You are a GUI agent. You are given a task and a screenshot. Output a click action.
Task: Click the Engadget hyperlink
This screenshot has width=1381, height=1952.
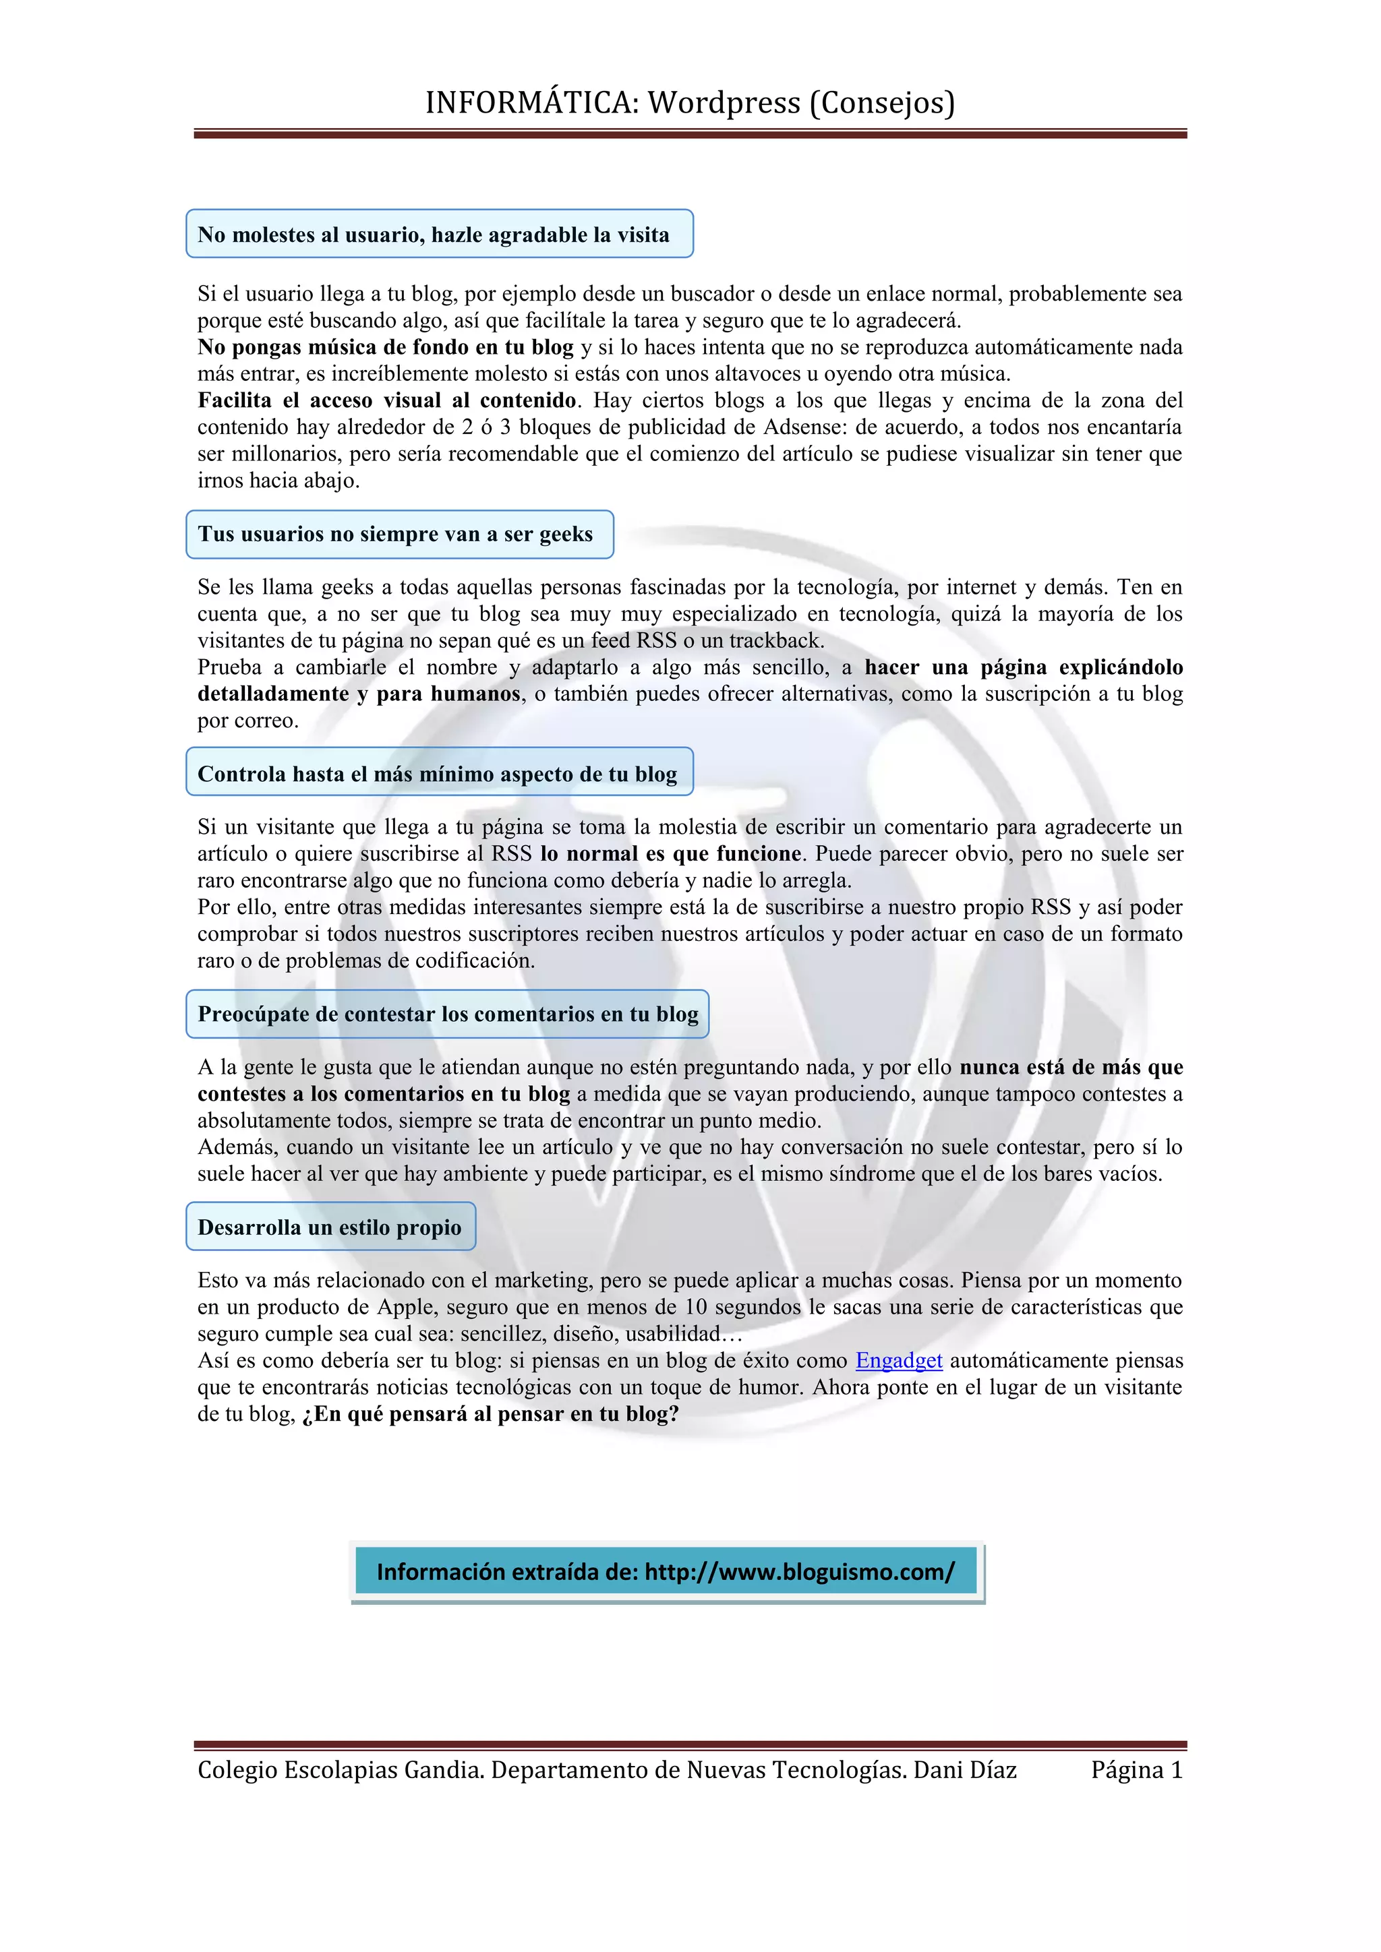click(x=898, y=1360)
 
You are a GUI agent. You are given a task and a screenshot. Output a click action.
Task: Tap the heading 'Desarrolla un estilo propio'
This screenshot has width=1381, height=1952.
click(x=330, y=1227)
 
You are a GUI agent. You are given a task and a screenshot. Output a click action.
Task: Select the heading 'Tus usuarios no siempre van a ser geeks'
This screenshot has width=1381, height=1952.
click(x=395, y=534)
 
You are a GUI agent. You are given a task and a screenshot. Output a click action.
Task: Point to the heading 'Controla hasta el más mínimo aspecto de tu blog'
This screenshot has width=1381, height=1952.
click(x=438, y=774)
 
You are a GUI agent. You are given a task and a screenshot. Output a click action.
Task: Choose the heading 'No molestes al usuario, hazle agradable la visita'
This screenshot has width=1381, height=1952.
click(x=434, y=235)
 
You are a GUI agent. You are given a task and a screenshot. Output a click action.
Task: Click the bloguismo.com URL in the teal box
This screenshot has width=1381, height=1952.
click(x=799, y=1571)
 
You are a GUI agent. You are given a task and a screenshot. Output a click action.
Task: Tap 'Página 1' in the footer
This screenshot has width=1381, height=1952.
click(x=1136, y=1770)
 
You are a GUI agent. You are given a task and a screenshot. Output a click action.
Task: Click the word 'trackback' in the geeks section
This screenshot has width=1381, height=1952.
click(x=775, y=640)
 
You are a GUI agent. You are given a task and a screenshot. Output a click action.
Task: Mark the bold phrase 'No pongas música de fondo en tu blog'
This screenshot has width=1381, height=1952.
click(x=385, y=347)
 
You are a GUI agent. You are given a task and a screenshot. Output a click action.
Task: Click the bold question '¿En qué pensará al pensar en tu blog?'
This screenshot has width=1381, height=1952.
click(x=491, y=1414)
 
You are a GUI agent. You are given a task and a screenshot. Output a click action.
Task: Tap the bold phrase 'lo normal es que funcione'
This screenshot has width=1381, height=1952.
click(x=671, y=853)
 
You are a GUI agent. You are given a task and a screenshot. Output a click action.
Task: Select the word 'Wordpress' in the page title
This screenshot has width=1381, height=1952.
click(x=724, y=103)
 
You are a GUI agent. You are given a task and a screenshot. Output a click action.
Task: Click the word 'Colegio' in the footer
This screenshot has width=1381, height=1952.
click(x=237, y=1770)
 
